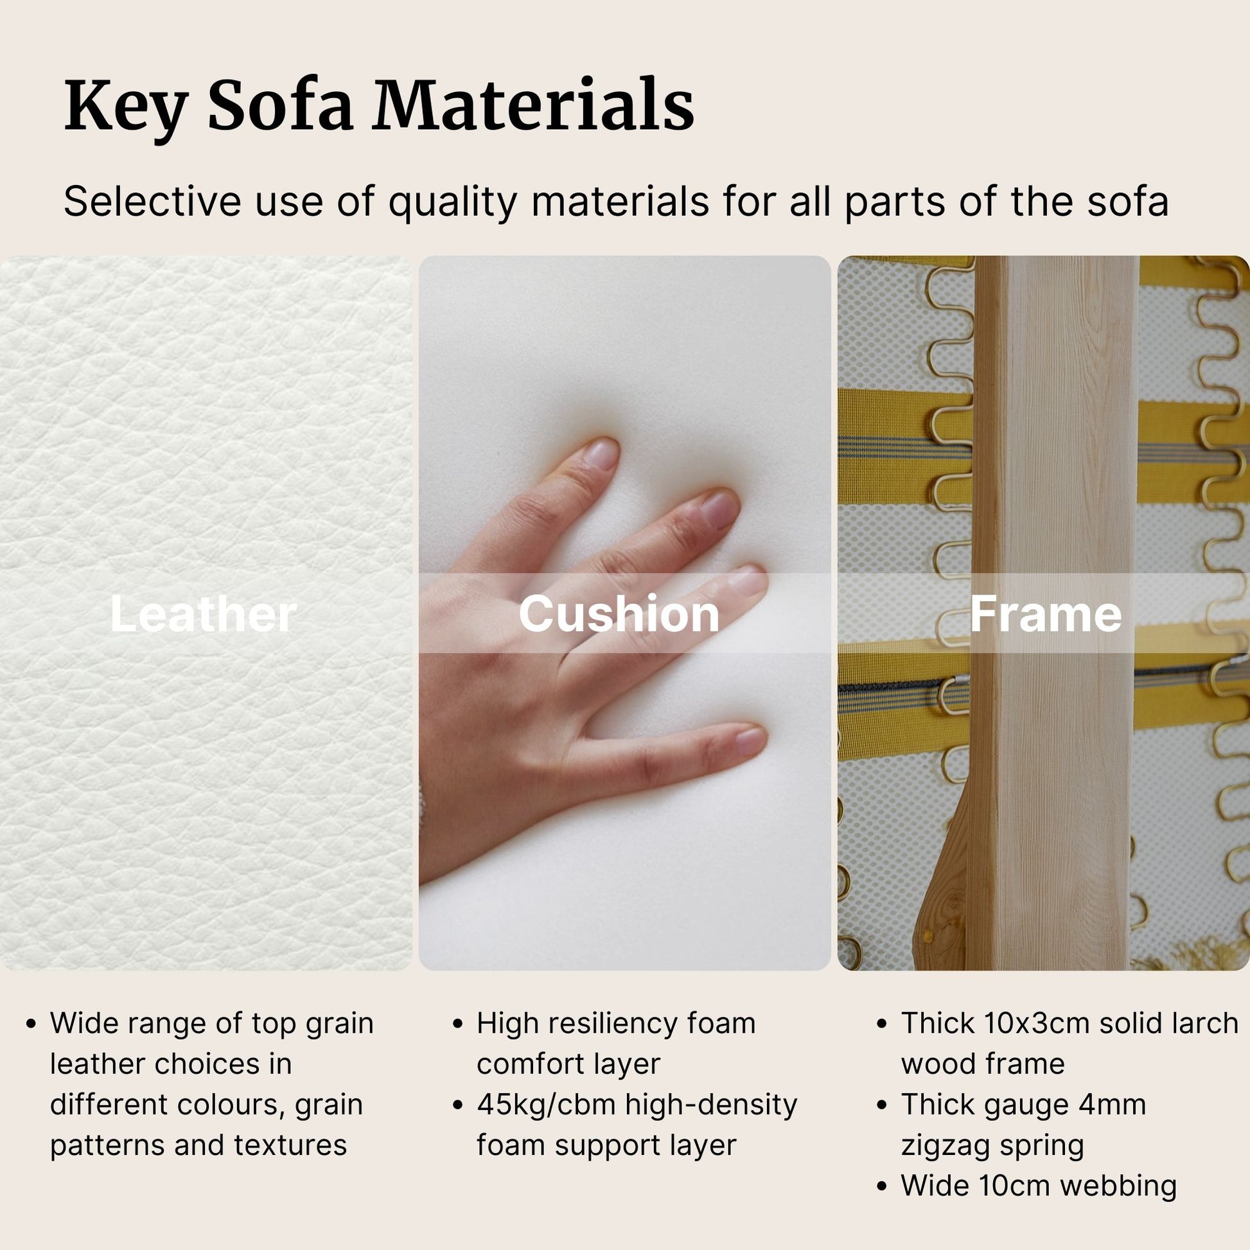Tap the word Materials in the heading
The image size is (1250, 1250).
tap(533, 105)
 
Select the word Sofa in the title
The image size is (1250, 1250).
tap(280, 105)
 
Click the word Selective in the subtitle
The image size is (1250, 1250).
tap(152, 201)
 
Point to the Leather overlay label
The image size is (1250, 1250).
tap(203, 614)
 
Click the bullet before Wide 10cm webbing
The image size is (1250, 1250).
tap(881, 1186)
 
